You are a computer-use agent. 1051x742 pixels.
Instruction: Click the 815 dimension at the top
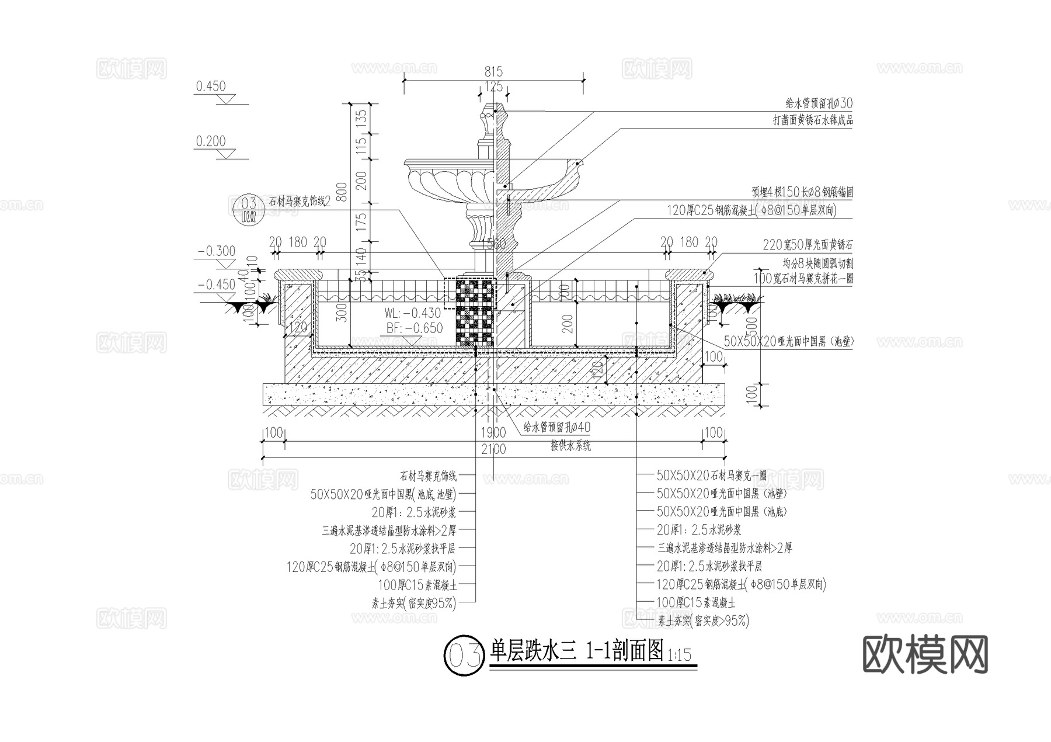[x=493, y=72]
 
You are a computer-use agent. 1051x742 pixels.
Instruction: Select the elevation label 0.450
[x=211, y=86]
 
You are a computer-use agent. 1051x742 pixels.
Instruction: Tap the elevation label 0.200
[x=211, y=141]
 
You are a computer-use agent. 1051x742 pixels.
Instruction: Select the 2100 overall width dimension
[x=493, y=449]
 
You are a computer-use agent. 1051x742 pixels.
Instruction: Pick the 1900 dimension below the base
[x=493, y=433]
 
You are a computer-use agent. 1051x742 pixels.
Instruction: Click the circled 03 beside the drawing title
[x=464, y=656]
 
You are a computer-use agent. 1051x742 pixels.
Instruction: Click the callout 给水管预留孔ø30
[x=819, y=104]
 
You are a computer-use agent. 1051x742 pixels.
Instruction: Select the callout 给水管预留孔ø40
[x=556, y=428]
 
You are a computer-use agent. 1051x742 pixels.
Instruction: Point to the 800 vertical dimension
[x=342, y=192]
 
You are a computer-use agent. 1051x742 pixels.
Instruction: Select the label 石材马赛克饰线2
[x=300, y=202]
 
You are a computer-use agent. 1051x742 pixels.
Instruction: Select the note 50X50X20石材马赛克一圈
[x=711, y=476]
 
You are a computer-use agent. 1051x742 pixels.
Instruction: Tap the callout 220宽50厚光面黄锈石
[x=807, y=245]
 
